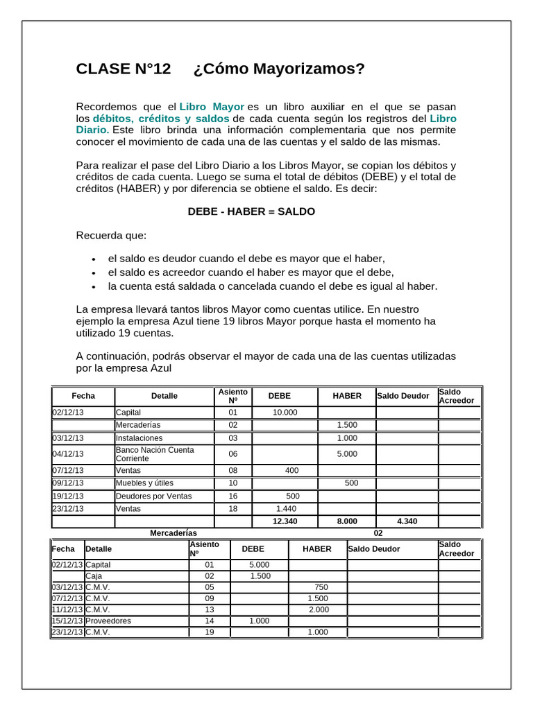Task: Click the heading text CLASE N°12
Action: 123,69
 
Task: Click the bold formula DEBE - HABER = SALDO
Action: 251,211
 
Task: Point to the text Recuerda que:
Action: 111,235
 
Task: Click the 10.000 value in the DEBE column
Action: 285,412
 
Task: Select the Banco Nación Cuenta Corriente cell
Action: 155,454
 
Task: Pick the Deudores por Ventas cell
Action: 153,496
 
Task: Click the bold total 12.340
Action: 285,521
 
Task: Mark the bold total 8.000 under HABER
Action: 347,521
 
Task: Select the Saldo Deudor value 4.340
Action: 407,521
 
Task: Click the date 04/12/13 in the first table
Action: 68,454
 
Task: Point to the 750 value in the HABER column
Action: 321,587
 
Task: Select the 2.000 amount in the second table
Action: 318,609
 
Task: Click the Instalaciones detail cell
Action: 139,438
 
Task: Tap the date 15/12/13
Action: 67,621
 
